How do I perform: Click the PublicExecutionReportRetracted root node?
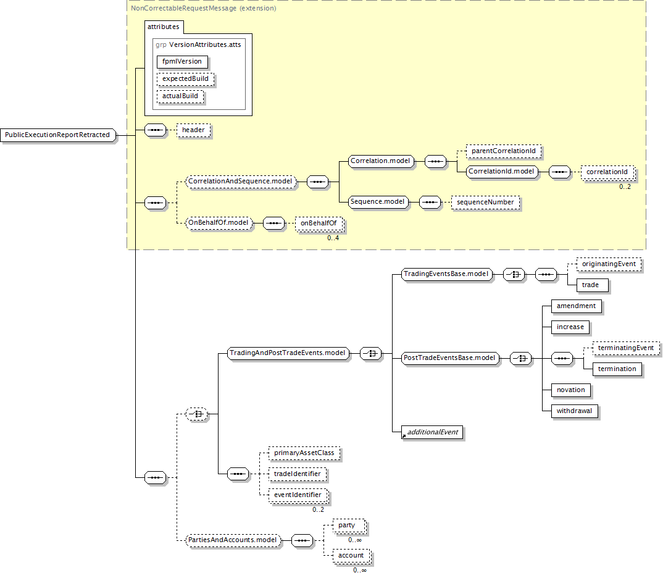(x=57, y=135)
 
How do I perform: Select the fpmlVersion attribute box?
(x=181, y=62)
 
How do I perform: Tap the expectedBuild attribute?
(x=185, y=79)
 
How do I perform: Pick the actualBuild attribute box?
(x=180, y=96)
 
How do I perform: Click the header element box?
(x=193, y=131)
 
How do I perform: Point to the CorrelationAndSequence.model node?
(x=241, y=182)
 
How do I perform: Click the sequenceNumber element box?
(x=485, y=202)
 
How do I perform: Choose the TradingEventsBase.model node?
(x=446, y=274)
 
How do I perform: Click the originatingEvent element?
(x=608, y=264)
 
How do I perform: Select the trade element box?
(x=590, y=285)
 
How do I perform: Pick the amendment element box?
(x=576, y=306)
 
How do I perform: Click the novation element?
(x=570, y=390)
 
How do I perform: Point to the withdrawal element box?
(x=574, y=411)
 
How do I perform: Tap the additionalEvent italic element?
(x=432, y=432)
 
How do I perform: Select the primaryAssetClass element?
(x=304, y=453)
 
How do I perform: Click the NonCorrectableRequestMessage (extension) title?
(x=204, y=9)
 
